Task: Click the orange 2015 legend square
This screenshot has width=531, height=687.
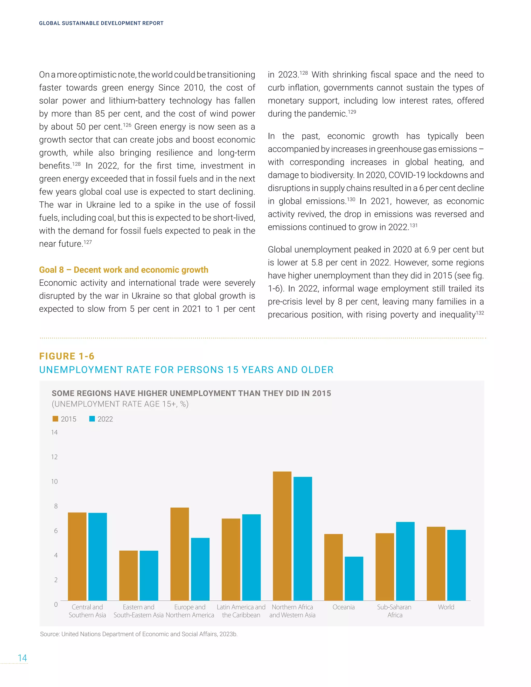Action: tap(55, 419)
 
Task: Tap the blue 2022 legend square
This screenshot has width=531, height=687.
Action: tap(92, 419)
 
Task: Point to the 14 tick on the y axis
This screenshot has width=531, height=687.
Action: tap(54, 432)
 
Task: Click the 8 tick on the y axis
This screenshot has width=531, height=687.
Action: tap(56, 506)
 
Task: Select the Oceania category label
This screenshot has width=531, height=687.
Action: tap(343, 607)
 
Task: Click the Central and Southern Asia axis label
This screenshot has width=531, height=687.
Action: tap(87, 611)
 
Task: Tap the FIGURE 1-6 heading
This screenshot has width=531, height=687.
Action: tap(67, 356)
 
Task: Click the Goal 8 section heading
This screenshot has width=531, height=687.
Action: tap(123, 270)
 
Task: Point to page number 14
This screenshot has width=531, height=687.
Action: tap(22, 658)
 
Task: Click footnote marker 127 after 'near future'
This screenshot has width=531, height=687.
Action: tap(88, 242)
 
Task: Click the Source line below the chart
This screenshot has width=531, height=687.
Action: tap(138, 634)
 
